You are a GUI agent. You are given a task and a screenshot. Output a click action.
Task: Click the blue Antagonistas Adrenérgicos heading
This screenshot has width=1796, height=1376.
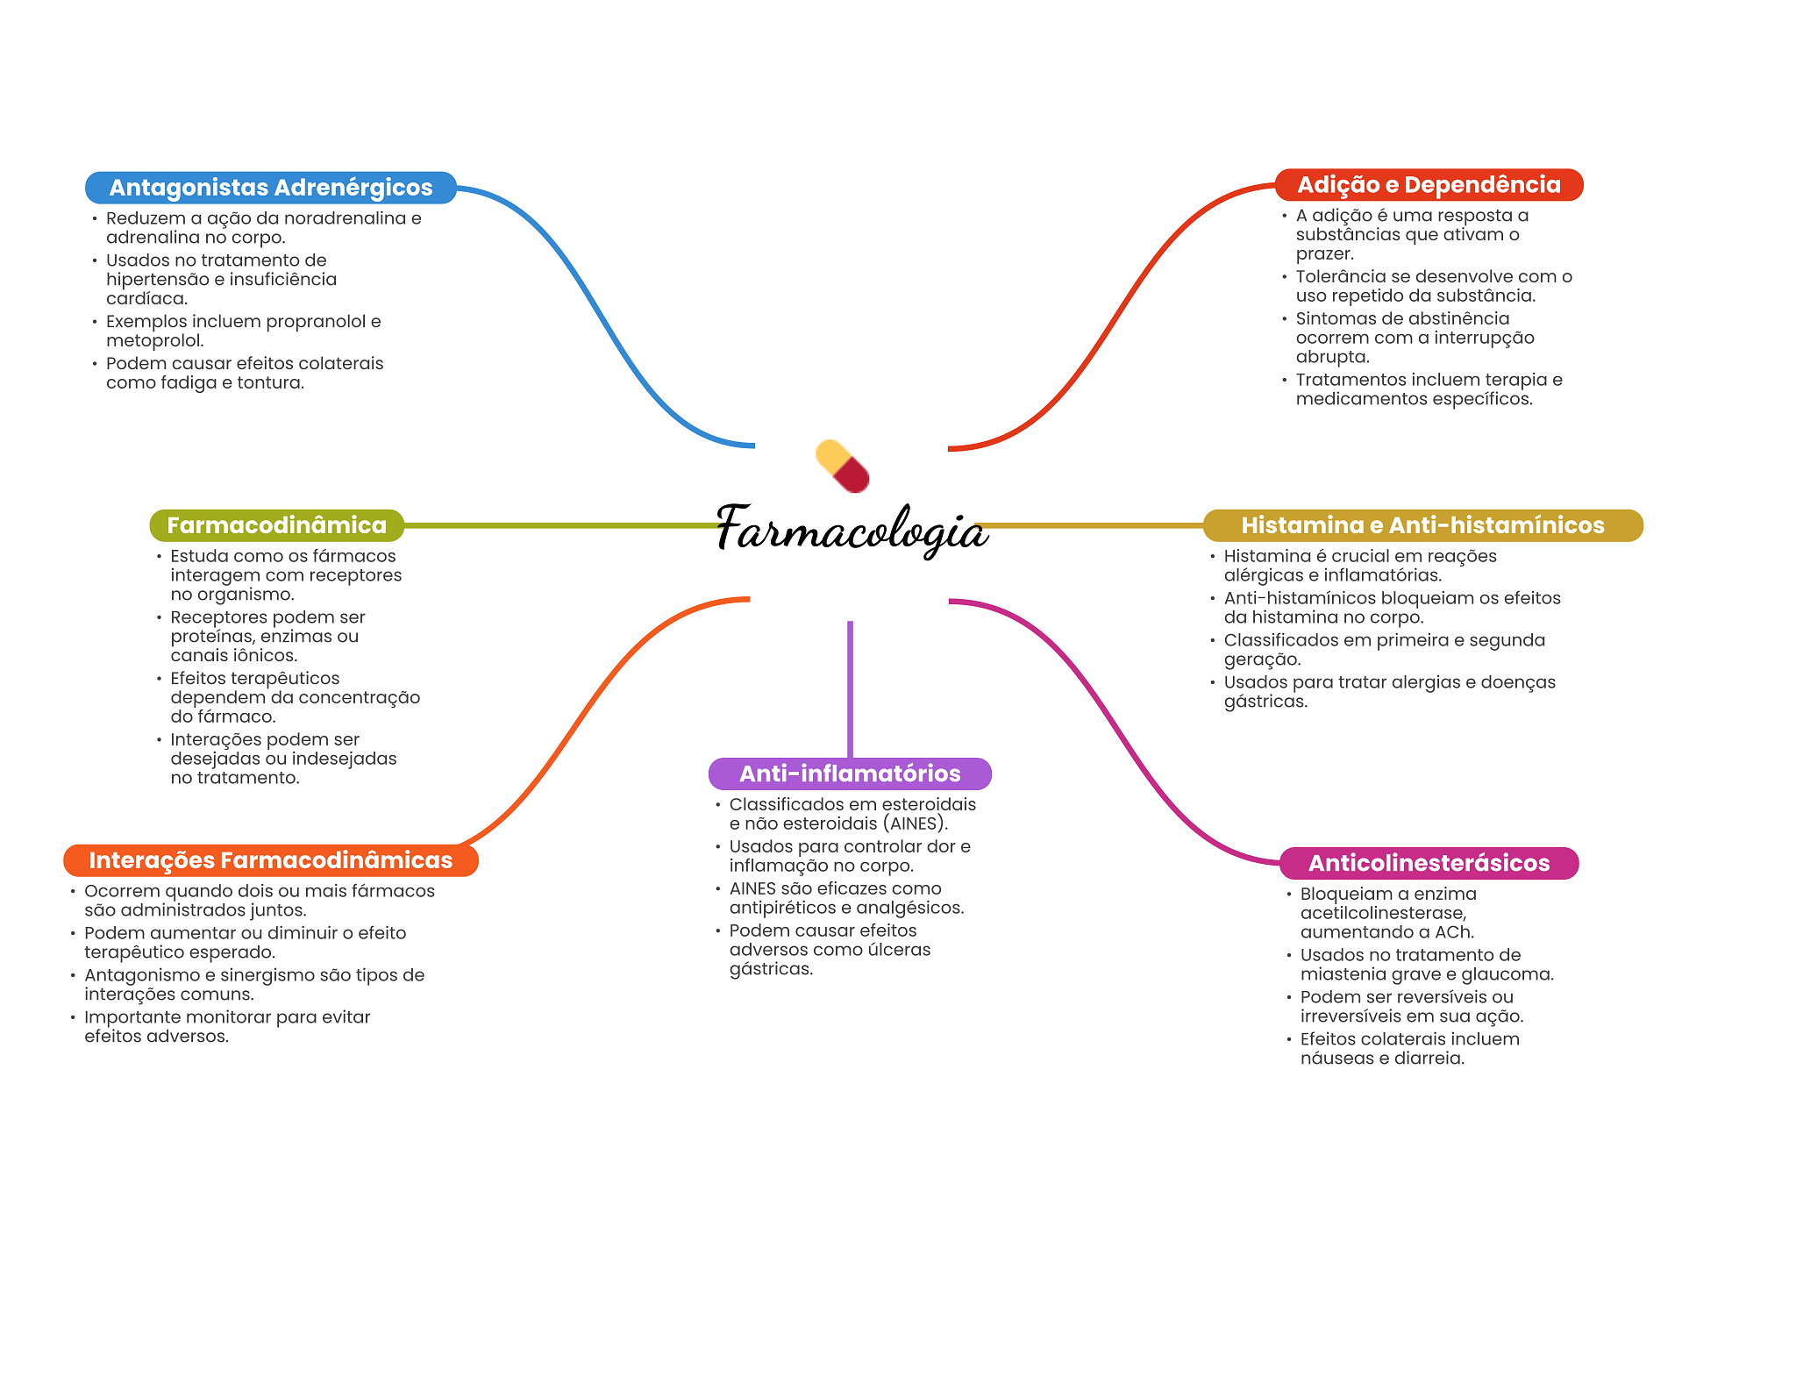coord(270,188)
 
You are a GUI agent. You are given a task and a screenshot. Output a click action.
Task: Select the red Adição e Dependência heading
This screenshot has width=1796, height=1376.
coord(1429,185)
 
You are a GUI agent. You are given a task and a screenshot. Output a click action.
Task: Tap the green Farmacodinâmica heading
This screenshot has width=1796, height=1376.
coord(276,525)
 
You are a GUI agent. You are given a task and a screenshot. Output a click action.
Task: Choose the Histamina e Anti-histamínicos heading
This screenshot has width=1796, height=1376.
coord(1422,525)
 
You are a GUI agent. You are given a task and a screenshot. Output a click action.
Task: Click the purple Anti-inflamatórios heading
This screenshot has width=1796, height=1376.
coord(850,774)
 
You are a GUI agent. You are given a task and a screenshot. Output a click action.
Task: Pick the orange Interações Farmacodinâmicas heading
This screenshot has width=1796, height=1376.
coord(270,860)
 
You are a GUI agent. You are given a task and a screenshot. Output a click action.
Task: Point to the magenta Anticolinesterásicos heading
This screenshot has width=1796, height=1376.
coord(1429,863)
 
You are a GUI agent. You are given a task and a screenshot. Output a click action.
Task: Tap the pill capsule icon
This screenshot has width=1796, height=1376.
coord(842,466)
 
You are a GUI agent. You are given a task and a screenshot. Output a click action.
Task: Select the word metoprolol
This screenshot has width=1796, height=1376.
coord(154,340)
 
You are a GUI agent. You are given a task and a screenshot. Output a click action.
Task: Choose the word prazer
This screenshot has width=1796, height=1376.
coord(1324,253)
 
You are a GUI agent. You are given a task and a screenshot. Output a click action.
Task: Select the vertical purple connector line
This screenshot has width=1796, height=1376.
coord(850,688)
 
